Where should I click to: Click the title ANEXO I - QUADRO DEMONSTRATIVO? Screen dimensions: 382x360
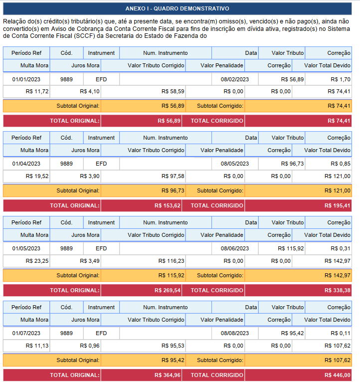(x=177, y=8)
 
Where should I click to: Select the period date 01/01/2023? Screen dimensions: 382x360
(x=26, y=79)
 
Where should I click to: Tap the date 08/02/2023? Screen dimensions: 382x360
(x=234, y=79)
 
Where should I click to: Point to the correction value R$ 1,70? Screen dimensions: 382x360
(x=341, y=79)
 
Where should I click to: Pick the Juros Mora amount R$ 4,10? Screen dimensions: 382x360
(x=90, y=91)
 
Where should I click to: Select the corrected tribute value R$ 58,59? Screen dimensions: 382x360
(x=173, y=91)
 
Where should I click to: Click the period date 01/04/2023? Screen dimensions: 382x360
(x=26, y=164)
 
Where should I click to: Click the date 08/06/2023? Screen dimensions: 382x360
(x=234, y=248)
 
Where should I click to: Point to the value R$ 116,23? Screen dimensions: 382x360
(x=172, y=261)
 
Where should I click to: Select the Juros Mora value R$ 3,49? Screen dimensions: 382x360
(x=90, y=261)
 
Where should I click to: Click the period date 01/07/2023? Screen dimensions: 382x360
(x=26, y=333)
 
